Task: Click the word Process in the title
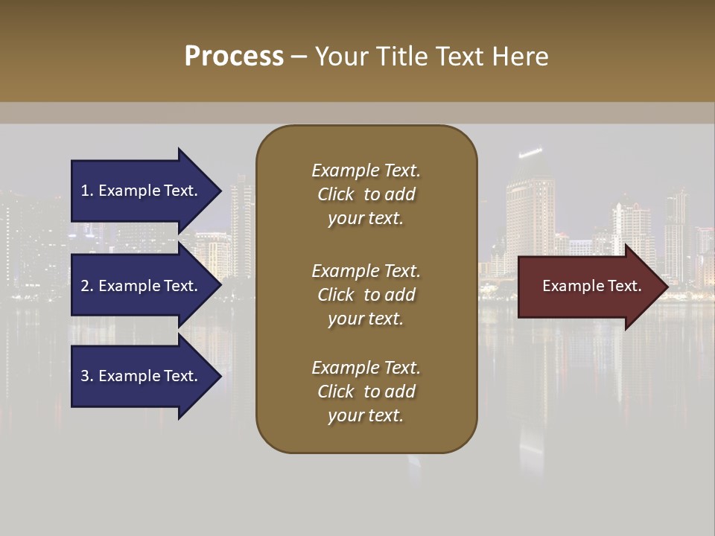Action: pyautogui.click(x=234, y=57)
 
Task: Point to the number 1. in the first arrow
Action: pyautogui.click(x=87, y=191)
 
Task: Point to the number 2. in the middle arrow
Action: pyautogui.click(x=87, y=286)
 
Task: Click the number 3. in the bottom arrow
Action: pyautogui.click(x=87, y=376)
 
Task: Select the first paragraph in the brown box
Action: pyautogui.click(x=366, y=194)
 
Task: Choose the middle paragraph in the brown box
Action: pyautogui.click(x=366, y=294)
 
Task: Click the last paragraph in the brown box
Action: pyautogui.click(x=366, y=392)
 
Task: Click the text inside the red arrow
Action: pyautogui.click(x=591, y=286)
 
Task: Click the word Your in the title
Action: pyautogui.click(x=340, y=57)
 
